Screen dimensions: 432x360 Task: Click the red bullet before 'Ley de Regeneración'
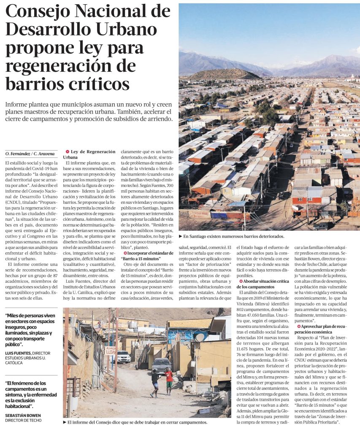click(x=67, y=151)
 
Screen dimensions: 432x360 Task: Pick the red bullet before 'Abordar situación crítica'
click(x=241, y=281)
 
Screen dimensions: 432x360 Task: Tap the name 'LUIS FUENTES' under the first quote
click(x=19, y=353)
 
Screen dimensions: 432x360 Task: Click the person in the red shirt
click(x=169, y=378)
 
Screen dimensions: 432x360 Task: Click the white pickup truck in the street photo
click(x=123, y=357)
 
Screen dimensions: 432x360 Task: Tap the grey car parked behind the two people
click(x=161, y=365)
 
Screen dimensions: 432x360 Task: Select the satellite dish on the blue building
click(x=199, y=337)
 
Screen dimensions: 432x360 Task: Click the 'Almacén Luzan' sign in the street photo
click(x=110, y=350)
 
